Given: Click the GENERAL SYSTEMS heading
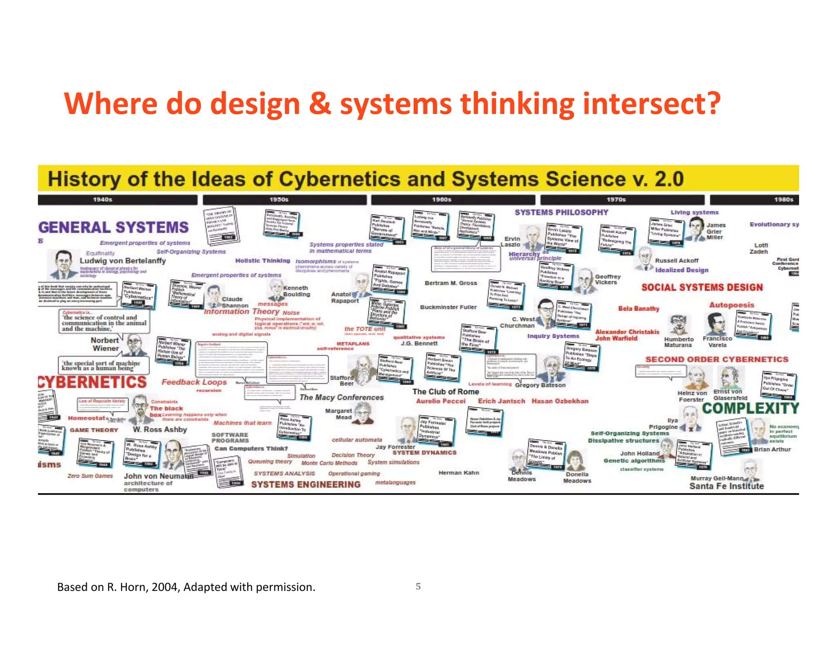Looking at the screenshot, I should click(x=114, y=227).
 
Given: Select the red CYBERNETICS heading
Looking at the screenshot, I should click(x=93, y=382).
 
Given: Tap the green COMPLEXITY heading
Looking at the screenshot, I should click(x=750, y=408).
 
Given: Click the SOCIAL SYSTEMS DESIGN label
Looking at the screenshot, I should click(x=702, y=287).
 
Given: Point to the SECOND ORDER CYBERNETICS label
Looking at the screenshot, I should click(x=716, y=359).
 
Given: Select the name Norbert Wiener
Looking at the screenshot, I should click(x=105, y=344).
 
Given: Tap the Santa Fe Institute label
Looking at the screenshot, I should click(x=726, y=486).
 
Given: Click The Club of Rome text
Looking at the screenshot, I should click(x=445, y=392).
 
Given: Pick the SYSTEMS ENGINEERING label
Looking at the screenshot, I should click(x=306, y=485).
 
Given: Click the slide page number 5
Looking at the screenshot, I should click(x=418, y=586).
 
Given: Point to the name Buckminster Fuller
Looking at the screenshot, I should click(x=448, y=307).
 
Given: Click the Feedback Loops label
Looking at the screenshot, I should click(x=194, y=382).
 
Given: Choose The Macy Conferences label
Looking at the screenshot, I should click(x=341, y=397).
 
